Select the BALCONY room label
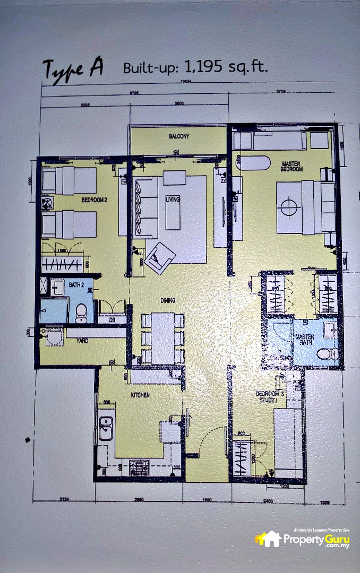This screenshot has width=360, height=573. click(179, 136)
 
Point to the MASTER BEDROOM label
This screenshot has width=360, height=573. click(292, 166)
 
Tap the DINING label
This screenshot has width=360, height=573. click(168, 300)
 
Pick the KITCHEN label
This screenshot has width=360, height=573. click(141, 395)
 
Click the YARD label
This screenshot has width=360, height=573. click(82, 341)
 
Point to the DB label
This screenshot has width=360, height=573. click(112, 320)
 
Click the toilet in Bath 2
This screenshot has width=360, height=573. click(81, 312)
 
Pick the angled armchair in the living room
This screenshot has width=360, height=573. click(159, 258)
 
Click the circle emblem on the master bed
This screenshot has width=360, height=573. click(290, 206)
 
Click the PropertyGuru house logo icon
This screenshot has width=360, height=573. click(269, 539)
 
